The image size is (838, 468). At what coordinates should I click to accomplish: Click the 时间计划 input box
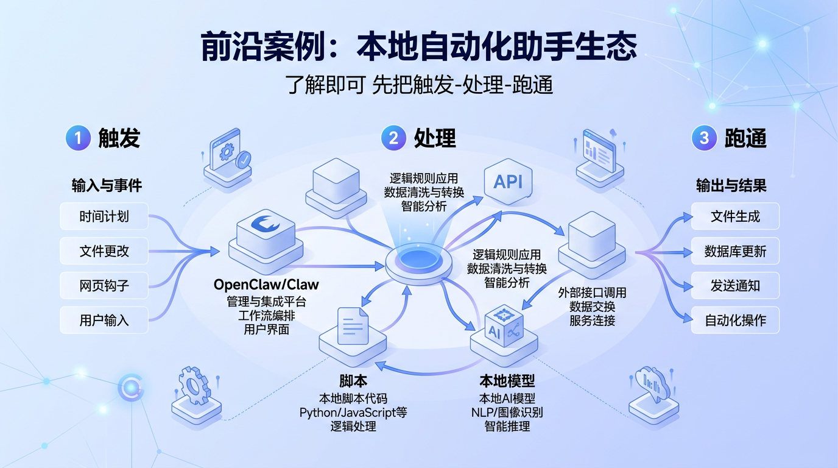point(104,216)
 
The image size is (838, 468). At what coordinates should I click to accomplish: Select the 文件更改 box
point(104,251)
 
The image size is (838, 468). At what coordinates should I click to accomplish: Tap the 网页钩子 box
point(104,286)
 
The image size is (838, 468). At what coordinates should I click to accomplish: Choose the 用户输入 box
point(104,321)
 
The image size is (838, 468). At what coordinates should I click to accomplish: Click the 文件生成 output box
point(735,216)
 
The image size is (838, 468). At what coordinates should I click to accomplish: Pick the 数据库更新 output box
point(735,251)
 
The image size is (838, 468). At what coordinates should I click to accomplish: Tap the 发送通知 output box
point(735,286)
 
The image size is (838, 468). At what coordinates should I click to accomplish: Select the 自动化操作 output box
point(735,321)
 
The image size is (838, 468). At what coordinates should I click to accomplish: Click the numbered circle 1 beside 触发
point(78,138)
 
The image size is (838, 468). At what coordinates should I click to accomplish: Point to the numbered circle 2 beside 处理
point(393,138)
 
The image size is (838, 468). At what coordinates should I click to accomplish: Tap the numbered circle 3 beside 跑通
point(704,138)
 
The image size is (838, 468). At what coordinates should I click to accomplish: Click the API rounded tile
point(508,182)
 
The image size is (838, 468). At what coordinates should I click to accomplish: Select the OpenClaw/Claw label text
point(266,285)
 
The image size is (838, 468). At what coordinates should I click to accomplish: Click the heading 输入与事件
point(107,186)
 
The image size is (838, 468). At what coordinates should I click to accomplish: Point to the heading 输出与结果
point(731,186)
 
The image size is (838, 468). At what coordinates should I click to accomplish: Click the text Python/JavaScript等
point(353,413)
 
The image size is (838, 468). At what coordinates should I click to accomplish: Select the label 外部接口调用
point(592,292)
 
